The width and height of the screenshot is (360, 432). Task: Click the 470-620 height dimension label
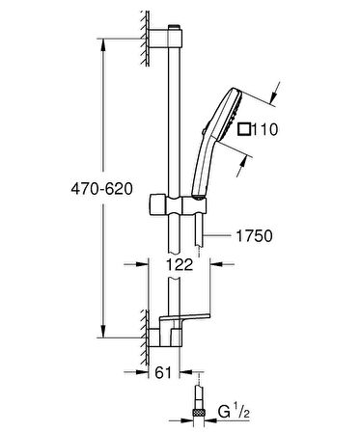point(101,189)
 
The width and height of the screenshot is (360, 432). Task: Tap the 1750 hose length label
point(255,236)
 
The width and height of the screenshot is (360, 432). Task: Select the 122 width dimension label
point(180,264)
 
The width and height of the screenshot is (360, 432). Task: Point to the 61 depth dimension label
point(163,372)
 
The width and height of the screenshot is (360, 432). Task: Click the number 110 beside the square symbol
point(264,130)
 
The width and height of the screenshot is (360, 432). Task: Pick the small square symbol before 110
point(244,129)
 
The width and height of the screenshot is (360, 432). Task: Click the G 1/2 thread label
point(234,421)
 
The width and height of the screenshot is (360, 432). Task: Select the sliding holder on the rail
point(178,204)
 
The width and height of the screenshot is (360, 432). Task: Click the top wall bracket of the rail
point(166,40)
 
